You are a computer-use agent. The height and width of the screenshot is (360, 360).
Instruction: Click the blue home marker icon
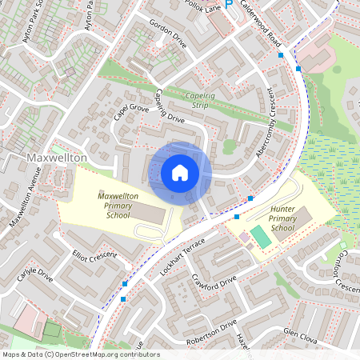click(180, 173)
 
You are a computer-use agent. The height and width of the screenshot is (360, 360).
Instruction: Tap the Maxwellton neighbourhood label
click(56, 158)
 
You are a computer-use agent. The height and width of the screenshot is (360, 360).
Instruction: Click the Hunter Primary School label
click(272, 222)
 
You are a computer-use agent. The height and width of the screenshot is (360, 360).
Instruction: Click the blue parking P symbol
click(229, 5)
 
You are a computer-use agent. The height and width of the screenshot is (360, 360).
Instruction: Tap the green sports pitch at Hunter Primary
click(261, 237)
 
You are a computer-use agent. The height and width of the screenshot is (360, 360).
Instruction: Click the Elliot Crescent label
click(95, 258)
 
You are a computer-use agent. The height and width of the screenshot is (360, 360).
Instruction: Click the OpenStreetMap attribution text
click(80, 354)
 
